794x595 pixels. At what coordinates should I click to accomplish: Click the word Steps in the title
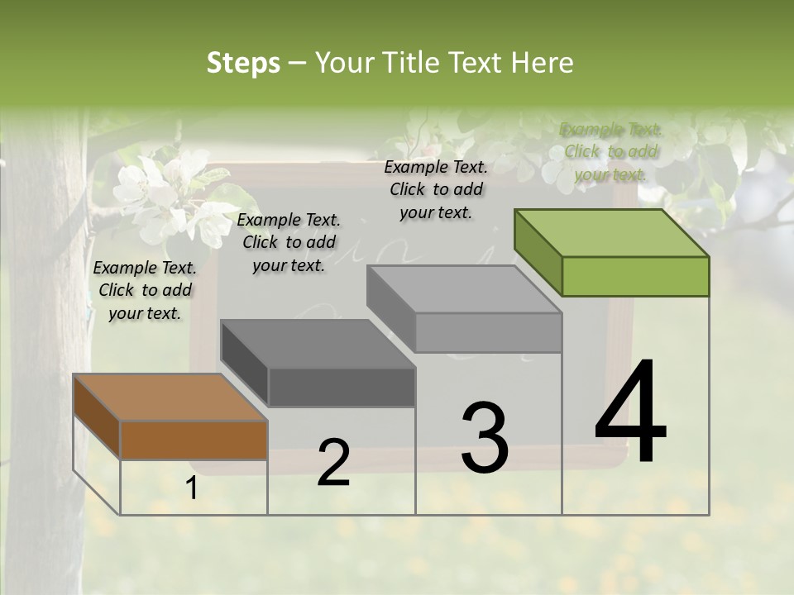pyautogui.click(x=243, y=63)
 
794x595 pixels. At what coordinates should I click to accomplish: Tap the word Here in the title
pyautogui.click(x=543, y=63)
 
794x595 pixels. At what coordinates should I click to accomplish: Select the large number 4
pyautogui.click(x=631, y=412)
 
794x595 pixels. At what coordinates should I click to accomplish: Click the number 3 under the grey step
pyautogui.click(x=485, y=437)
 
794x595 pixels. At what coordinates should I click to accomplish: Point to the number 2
pyautogui.click(x=333, y=463)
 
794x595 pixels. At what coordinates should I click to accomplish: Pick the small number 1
pyautogui.click(x=192, y=488)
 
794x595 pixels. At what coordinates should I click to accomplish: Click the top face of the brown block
pyautogui.click(x=170, y=397)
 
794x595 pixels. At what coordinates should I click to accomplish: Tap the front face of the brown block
pyautogui.click(x=194, y=440)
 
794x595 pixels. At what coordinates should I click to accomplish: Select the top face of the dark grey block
pyautogui.click(x=317, y=344)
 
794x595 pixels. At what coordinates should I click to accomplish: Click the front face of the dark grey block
pyautogui.click(x=342, y=387)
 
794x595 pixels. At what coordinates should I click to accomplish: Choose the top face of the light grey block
pyautogui.click(x=463, y=289)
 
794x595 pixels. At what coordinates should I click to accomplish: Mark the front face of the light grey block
pyautogui.click(x=488, y=332)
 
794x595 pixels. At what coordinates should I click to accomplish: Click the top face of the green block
pyautogui.click(x=610, y=233)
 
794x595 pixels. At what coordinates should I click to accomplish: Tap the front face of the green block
pyautogui.click(x=635, y=276)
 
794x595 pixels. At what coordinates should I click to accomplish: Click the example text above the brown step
pyautogui.click(x=145, y=290)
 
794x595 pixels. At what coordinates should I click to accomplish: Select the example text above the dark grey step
pyautogui.click(x=289, y=242)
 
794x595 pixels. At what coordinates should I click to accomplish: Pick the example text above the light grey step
pyautogui.click(x=436, y=189)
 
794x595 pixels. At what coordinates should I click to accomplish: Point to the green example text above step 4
pyautogui.click(x=611, y=151)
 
